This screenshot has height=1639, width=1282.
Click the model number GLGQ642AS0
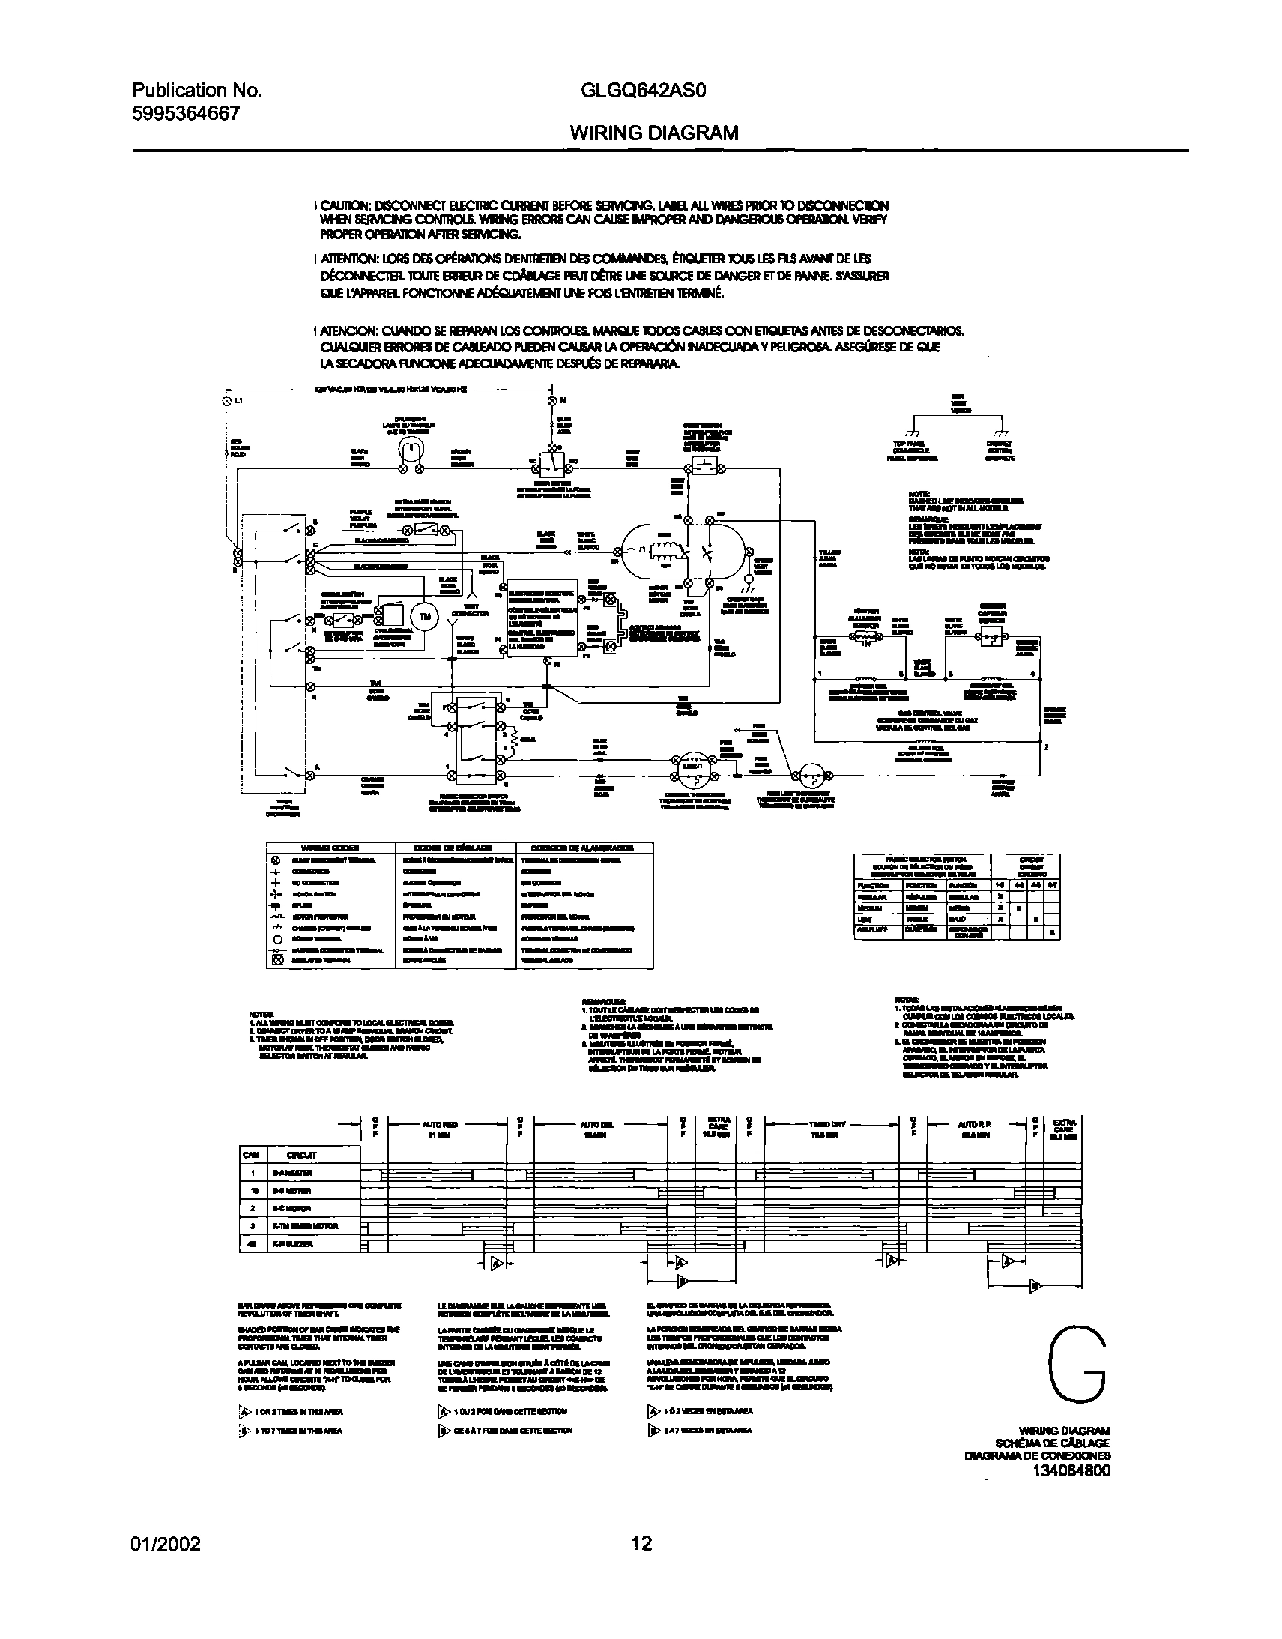[644, 91]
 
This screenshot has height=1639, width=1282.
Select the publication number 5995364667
[186, 114]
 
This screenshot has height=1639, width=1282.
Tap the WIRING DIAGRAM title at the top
[654, 133]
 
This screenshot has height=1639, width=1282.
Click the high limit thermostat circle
[809, 773]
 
